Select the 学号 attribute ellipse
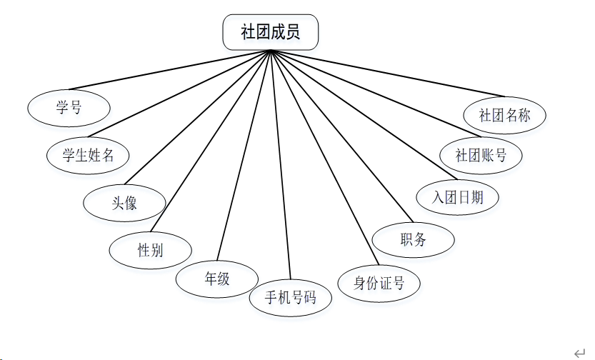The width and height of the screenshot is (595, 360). [69, 108]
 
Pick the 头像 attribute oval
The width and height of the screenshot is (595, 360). [124, 203]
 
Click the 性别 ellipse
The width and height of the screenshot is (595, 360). [150, 250]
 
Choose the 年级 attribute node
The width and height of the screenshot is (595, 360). [217, 279]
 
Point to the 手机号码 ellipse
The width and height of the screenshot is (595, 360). [290, 298]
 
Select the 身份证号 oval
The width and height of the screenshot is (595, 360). [379, 283]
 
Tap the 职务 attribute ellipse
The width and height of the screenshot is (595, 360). [414, 240]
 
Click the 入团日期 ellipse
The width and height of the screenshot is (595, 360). [457, 197]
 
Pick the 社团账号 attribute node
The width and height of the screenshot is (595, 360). [481, 154]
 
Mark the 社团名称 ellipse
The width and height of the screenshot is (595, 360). [504, 115]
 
